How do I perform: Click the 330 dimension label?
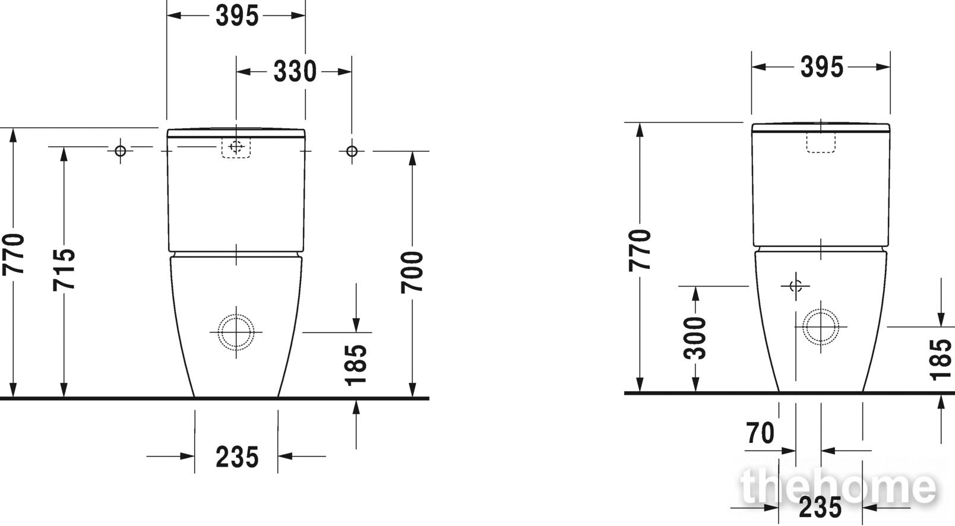tap(295, 72)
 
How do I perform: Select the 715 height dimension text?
tap(64, 270)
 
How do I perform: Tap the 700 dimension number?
tap(412, 272)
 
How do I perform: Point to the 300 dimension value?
tap(695, 338)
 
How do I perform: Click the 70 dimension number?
tap(760, 433)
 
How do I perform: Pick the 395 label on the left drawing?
tap(237, 16)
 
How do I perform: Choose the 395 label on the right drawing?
tap(821, 67)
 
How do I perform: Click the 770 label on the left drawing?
tap(13, 255)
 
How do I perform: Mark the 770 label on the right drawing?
tap(640, 250)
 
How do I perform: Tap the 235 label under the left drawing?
tap(237, 457)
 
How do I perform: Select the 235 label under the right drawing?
tap(820, 508)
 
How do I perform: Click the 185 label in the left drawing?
tap(356, 365)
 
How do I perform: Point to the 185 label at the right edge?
tap(940, 360)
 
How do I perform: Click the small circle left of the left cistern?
tap(121, 151)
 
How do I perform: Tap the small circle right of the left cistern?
tap(352, 151)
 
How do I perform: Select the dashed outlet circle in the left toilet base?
tap(236, 332)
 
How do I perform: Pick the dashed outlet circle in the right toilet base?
tap(821, 327)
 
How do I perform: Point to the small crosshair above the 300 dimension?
tap(796, 286)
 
